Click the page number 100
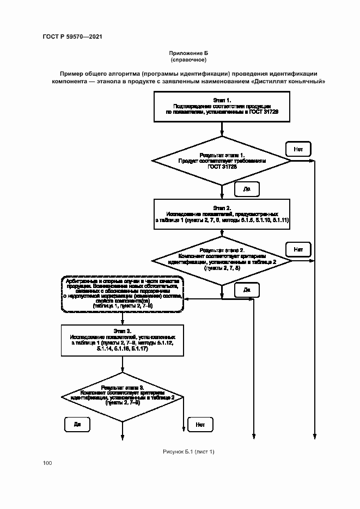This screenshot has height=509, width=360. tap(47, 463)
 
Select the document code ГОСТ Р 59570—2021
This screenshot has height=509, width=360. tap(72, 36)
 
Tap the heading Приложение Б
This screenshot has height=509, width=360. tap(188, 53)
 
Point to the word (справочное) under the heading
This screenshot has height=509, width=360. tap(188, 59)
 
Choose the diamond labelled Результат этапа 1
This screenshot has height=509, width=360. tap(222, 161)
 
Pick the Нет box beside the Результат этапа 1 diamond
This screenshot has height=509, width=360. tap(298, 148)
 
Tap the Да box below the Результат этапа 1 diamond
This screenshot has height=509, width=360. tap(246, 189)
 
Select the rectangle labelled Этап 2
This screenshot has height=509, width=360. tap(222, 216)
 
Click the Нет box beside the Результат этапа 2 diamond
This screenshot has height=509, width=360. tap(298, 249)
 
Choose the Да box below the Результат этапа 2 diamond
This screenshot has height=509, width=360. tap(246, 290)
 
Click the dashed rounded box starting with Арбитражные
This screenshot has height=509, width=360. tap(122, 294)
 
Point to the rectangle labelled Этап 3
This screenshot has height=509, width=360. tap(122, 341)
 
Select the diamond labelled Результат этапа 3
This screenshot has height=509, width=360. tap(122, 396)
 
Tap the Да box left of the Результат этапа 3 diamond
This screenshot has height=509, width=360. tap(77, 424)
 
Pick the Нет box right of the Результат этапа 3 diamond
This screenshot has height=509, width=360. tap(200, 424)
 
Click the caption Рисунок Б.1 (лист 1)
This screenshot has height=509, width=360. tap(188, 451)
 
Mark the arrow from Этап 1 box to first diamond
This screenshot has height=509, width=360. tap(222, 129)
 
